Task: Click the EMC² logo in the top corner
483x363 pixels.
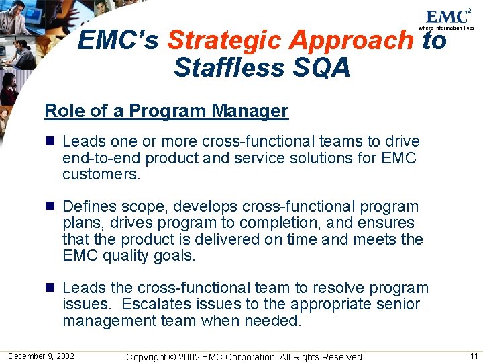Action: coord(447,18)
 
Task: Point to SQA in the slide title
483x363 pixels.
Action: coord(325,67)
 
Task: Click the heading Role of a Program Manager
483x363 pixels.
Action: coord(166,111)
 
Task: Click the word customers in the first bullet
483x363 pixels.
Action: coord(101,175)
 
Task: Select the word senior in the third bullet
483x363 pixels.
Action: coord(398,305)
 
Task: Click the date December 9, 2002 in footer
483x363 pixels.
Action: coord(42,356)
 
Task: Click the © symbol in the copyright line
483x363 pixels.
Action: coord(177,356)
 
